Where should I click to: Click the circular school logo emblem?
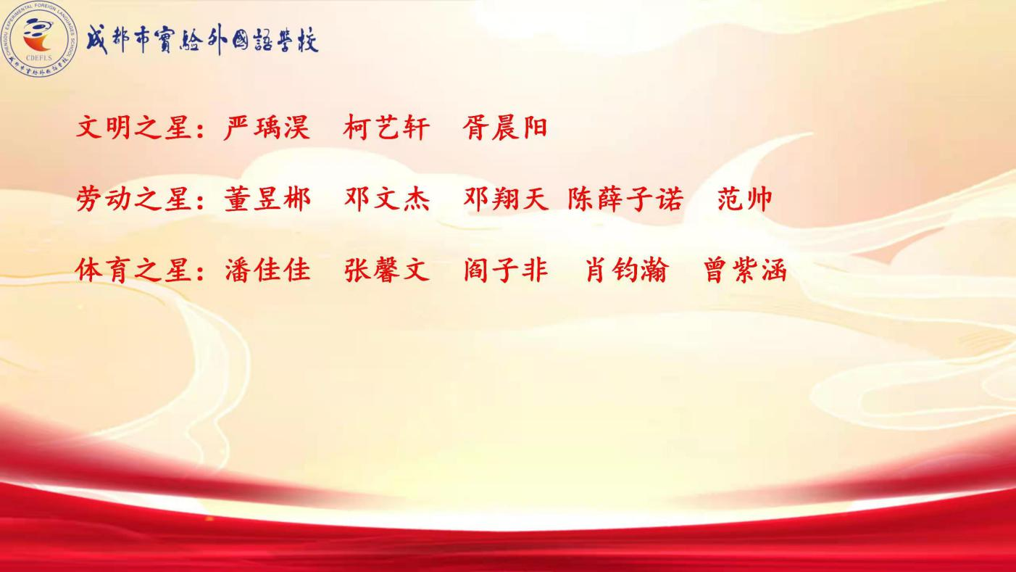39,39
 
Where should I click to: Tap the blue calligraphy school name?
202,39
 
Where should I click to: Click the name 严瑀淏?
267,127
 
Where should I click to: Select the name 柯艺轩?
386,127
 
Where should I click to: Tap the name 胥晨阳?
505,127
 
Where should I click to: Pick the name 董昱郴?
267,199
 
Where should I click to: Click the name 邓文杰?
386,199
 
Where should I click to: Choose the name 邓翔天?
506,199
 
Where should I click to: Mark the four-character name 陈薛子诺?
625,199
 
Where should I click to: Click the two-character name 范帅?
745,199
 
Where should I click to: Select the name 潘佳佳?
267,270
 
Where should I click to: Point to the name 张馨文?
386,270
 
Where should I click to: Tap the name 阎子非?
506,270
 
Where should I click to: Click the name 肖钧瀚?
628,270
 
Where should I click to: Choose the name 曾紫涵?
745,270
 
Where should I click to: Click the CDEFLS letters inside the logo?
39,58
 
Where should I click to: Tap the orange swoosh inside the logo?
37,41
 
